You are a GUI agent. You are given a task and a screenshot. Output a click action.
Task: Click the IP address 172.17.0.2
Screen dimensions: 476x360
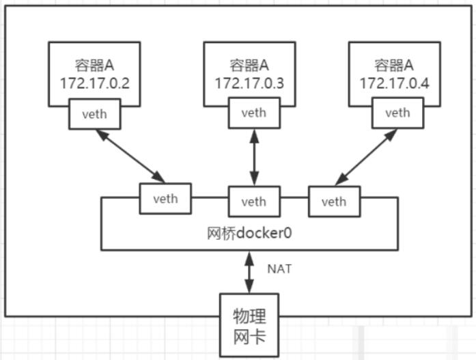tap(95, 83)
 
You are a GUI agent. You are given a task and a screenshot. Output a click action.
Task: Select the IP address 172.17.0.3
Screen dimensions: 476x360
tap(249, 83)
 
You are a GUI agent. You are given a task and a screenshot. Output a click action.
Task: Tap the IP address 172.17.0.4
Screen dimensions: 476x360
tap(394, 83)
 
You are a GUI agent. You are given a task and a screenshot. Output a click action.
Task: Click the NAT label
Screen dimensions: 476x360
tap(279, 269)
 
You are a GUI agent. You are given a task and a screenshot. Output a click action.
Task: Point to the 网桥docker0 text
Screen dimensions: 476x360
tap(249, 233)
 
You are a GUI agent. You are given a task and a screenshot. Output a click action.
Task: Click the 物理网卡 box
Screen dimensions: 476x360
tap(249, 324)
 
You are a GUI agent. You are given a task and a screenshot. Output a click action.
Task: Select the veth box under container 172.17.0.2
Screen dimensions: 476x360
tap(95, 114)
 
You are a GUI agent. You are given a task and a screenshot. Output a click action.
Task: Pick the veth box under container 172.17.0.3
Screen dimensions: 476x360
tap(254, 113)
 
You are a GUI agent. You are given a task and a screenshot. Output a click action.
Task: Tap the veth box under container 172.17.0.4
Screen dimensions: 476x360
tap(397, 113)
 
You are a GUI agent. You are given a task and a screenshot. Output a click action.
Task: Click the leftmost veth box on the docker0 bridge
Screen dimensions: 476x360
tap(165, 199)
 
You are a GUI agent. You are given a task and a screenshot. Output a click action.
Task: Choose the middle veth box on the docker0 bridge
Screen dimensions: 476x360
tap(254, 202)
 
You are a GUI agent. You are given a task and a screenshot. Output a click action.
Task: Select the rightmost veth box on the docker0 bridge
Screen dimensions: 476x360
tap(334, 202)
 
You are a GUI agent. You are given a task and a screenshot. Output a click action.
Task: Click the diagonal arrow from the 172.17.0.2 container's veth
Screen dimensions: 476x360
tap(130, 156)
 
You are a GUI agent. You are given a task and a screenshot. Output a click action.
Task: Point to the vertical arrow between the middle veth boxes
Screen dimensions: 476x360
tap(254, 157)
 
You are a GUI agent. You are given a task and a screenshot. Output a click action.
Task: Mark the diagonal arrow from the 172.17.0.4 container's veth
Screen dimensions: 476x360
tap(366, 157)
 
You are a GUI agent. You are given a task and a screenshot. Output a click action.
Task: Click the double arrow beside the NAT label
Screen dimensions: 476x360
tap(249, 272)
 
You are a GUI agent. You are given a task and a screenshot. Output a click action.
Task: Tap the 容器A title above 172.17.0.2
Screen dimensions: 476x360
tap(95, 65)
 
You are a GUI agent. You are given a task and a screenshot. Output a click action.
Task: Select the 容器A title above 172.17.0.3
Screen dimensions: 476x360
tap(249, 65)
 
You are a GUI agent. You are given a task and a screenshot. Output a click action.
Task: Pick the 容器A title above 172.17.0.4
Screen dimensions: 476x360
tap(394, 65)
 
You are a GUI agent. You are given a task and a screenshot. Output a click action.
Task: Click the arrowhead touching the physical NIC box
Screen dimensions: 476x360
tap(249, 287)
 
